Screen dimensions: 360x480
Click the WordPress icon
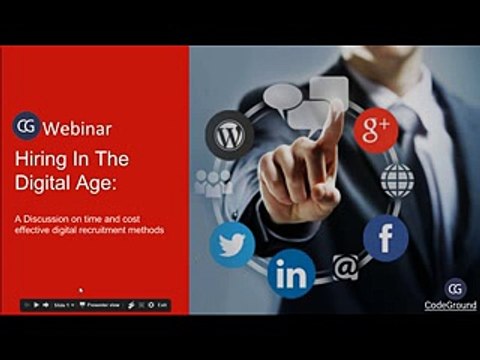(x=229, y=134)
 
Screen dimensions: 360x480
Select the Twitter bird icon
(x=232, y=243)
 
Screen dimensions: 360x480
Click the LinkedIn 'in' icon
(x=291, y=274)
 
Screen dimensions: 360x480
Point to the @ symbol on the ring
(x=345, y=268)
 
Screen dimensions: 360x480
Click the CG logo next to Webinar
(x=26, y=126)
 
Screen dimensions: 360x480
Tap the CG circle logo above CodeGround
(x=456, y=288)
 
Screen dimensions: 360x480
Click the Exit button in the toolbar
(x=162, y=304)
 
